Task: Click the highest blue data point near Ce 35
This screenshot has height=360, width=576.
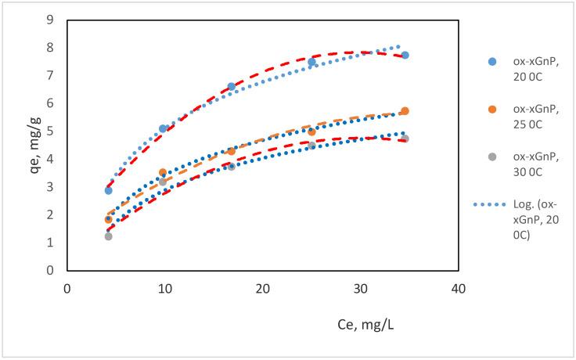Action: [405, 55]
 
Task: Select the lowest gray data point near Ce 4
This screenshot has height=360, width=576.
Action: [108, 236]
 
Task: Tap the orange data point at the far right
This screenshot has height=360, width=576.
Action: [405, 111]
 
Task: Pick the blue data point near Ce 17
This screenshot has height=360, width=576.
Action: [231, 86]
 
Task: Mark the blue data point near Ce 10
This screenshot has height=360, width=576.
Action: [163, 128]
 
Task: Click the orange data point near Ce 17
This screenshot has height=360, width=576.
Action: [231, 151]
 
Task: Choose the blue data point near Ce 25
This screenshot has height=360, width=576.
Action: [311, 62]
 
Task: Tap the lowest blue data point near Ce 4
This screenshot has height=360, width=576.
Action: [108, 190]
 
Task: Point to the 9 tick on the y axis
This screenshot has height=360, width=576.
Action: [51, 20]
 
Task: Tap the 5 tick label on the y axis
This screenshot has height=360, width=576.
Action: [51, 131]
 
